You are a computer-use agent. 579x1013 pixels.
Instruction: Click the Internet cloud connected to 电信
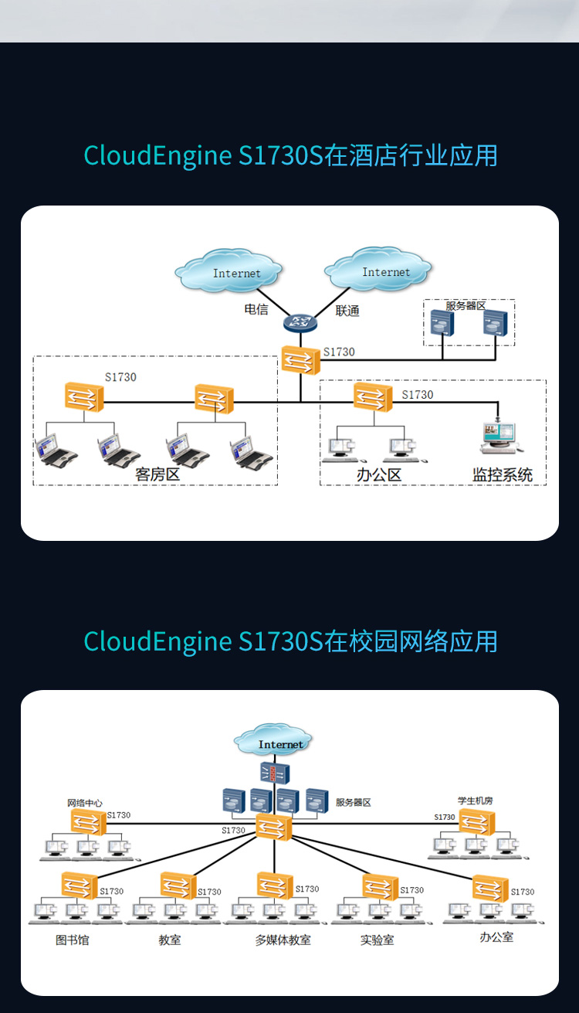(229, 270)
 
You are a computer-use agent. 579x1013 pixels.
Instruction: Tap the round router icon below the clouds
(300, 322)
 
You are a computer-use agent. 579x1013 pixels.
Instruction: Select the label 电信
(256, 309)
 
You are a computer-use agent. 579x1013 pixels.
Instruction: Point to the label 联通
(347, 311)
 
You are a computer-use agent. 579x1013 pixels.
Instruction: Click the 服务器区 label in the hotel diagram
(466, 306)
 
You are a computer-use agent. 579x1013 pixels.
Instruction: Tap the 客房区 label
(157, 474)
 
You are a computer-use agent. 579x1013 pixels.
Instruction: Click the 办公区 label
(379, 475)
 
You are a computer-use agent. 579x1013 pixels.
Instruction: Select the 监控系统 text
(502, 475)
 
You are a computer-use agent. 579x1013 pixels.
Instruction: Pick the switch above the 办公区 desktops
(373, 396)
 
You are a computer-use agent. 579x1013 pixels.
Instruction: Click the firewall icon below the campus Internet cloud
(275, 773)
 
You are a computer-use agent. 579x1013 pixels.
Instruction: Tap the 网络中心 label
(84, 803)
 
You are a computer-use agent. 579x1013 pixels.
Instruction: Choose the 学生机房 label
(475, 801)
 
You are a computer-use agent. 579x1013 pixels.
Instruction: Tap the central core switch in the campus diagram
(274, 827)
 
